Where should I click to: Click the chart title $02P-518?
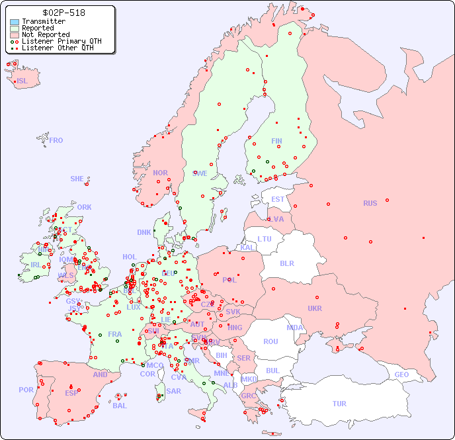(63, 13)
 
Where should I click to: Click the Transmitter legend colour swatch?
(15, 22)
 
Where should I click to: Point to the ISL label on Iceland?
(22, 81)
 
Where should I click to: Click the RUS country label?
(370, 203)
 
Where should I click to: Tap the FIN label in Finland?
(276, 141)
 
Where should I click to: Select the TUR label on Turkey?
(339, 404)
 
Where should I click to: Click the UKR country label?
(314, 308)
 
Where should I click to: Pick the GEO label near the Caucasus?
(401, 374)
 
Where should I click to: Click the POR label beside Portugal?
(26, 390)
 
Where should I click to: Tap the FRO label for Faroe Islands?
(56, 140)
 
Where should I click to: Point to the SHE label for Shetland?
(77, 179)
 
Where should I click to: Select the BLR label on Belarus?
(286, 263)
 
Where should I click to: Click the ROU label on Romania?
(270, 341)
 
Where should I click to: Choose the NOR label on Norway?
(160, 173)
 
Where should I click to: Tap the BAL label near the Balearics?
(120, 406)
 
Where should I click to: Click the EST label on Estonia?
(278, 199)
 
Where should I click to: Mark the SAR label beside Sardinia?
(173, 391)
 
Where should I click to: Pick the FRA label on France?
(115, 334)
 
